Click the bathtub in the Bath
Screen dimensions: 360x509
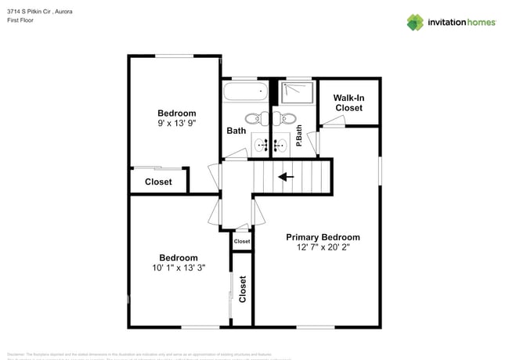tap(245, 92)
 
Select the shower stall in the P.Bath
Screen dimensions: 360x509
tap(297, 92)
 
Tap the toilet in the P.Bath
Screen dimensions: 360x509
tap(287, 119)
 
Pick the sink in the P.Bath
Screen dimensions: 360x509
tap(280, 144)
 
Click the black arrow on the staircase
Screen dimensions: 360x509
tap(287, 177)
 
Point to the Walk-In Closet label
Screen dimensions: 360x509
tap(348, 103)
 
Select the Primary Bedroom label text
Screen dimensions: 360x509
tap(323, 237)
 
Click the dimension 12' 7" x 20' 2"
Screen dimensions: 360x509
tap(323, 248)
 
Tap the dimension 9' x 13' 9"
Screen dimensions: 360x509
tap(176, 124)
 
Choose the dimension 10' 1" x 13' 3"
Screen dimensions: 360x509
tap(178, 268)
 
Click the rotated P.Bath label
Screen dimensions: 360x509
tap(299, 141)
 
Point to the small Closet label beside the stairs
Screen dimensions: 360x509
tap(242, 242)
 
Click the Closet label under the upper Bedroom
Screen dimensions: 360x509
tap(158, 182)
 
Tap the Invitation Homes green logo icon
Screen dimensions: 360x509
tap(416, 22)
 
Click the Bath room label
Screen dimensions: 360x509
tap(236, 131)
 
